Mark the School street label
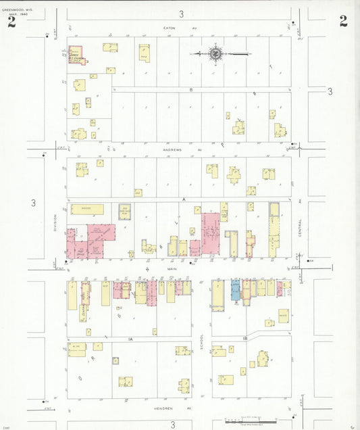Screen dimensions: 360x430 coord(201,342)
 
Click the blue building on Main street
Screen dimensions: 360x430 coord(236,289)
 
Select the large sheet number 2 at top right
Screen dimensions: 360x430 coord(343,20)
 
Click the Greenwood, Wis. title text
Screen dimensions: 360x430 coord(16,10)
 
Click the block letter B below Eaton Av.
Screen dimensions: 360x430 coord(191,89)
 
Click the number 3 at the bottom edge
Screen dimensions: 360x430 coord(172,424)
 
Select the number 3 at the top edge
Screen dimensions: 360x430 coord(181,14)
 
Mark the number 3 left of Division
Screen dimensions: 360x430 coord(33,202)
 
